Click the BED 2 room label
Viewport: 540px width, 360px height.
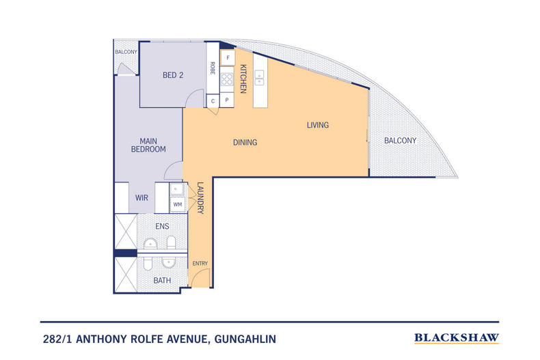(x=173, y=75)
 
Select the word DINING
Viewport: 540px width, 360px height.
(x=245, y=143)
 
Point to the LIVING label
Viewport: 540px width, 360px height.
(x=317, y=125)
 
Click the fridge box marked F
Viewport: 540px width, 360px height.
(x=228, y=57)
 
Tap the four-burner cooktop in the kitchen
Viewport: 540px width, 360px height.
(x=227, y=79)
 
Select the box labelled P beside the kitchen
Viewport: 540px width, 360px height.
(x=227, y=101)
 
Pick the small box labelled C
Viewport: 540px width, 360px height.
(x=213, y=101)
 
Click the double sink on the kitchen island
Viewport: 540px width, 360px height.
(x=260, y=79)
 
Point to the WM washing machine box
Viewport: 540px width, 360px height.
(x=177, y=204)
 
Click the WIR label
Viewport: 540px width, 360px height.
(x=141, y=198)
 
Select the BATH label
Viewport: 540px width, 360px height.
(x=161, y=280)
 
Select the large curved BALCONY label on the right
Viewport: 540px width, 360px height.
(x=400, y=140)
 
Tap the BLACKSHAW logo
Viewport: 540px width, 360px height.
(x=457, y=337)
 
